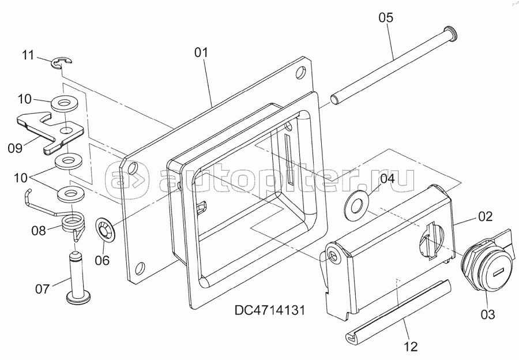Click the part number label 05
pyautogui.click(x=386, y=17)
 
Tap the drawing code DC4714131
pyautogui.click(x=269, y=310)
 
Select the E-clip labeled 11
pyautogui.click(x=62, y=63)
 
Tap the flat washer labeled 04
pyautogui.click(x=355, y=208)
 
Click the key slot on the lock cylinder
pyautogui.click(x=499, y=273)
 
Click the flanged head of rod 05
pyautogui.click(x=450, y=32)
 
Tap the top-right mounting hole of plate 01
pyautogui.click(x=300, y=73)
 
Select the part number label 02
pyautogui.click(x=486, y=216)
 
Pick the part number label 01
pyautogui.click(x=201, y=52)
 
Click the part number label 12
pyautogui.click(x=411, y=346)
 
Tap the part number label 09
pyautogui.click(x=15, y=148)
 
